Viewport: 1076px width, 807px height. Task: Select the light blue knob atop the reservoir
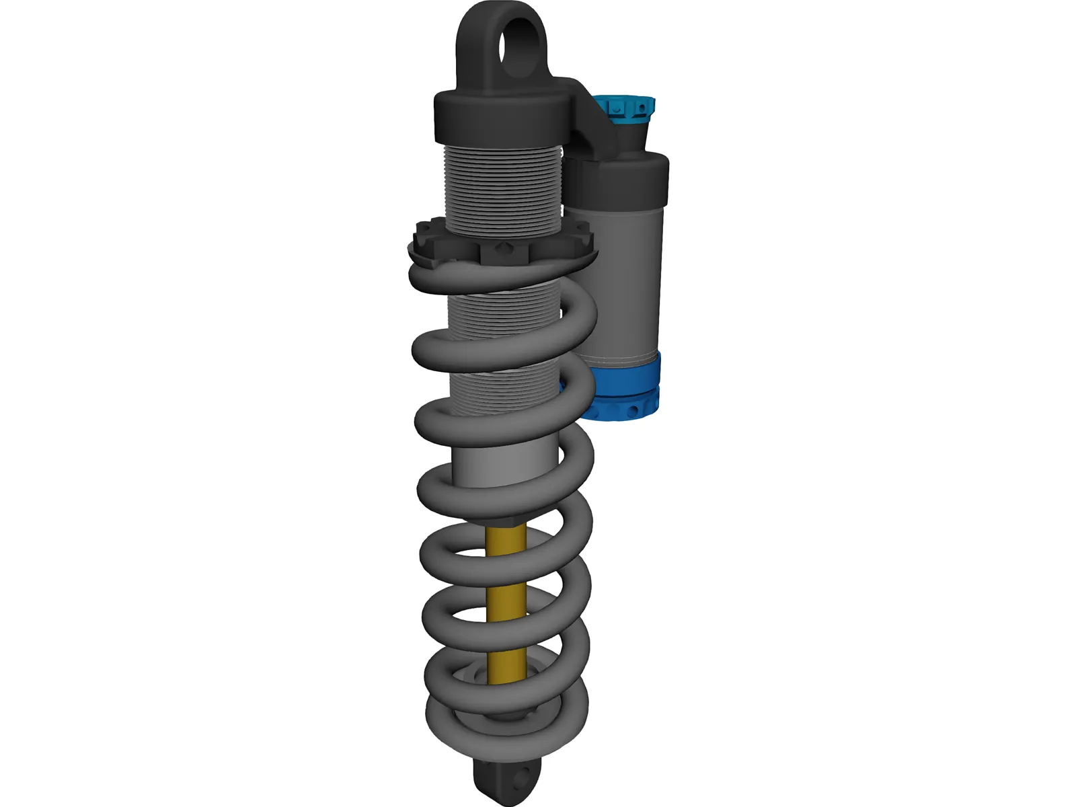[x=629, y=108]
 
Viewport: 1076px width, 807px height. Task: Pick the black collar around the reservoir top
[x=625, y=178]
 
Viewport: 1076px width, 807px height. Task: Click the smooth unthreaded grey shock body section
[x=504, y=464]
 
